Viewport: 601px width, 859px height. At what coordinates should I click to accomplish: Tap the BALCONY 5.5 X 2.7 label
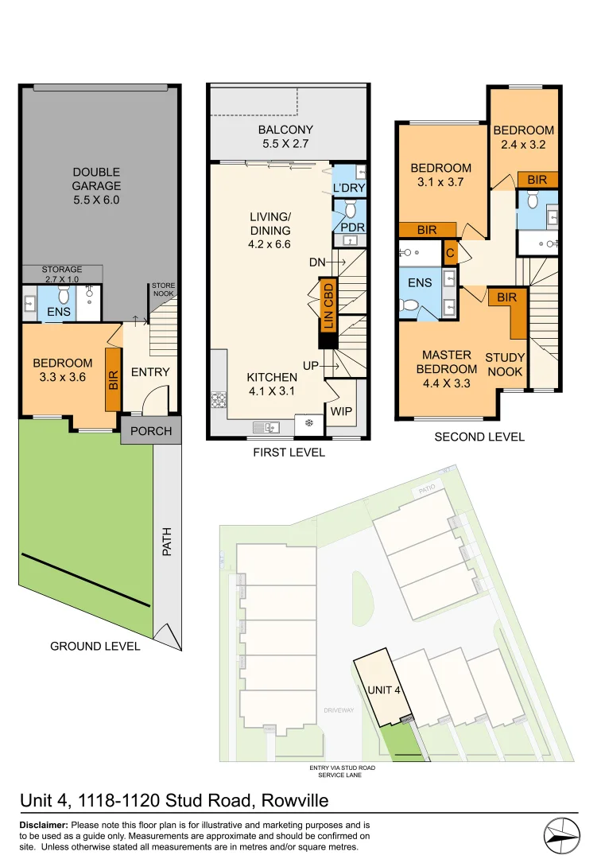285,137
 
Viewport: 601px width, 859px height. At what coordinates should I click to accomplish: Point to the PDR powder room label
351,228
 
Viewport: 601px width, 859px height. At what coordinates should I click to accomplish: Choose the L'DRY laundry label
348,189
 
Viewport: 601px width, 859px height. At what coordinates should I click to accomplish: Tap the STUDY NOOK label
504,365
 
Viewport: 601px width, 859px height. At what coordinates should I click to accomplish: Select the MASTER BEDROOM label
446,362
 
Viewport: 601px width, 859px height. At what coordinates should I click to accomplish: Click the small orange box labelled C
450,252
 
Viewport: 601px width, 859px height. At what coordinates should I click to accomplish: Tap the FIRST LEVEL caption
288,453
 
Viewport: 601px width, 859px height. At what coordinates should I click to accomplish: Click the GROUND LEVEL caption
95,646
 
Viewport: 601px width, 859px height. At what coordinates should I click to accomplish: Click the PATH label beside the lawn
167,542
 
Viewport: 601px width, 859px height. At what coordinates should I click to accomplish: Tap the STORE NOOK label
164,290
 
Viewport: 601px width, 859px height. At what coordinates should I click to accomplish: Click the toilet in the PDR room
350,210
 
